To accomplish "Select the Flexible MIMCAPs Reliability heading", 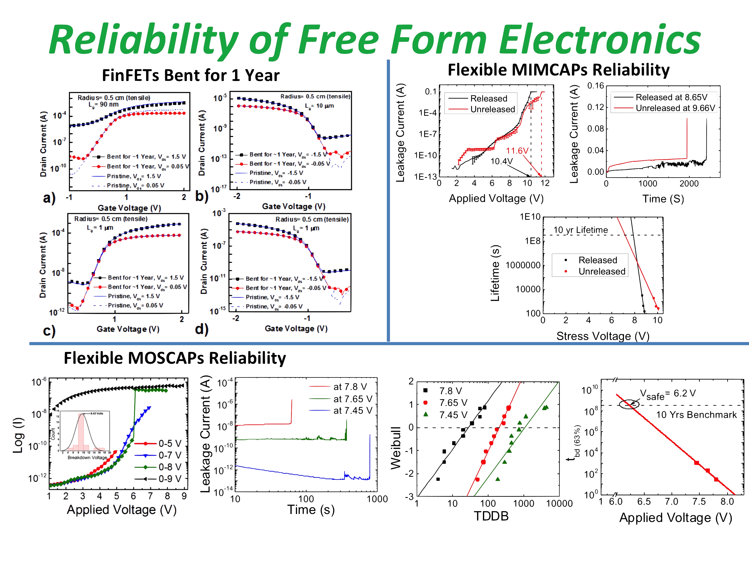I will (559, 70).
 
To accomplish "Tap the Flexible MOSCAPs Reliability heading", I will (175, 358).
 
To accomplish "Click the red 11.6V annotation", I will (517, 151).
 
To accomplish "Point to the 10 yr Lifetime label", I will (580, 230).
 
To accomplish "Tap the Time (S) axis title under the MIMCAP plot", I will (663, 199).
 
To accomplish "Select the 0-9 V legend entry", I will (170, 479).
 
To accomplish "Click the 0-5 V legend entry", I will (170, 443).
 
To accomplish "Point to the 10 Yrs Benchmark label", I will (697, 415).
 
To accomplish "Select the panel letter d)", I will (201, 329).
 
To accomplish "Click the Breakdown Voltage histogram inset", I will (84, 433).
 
